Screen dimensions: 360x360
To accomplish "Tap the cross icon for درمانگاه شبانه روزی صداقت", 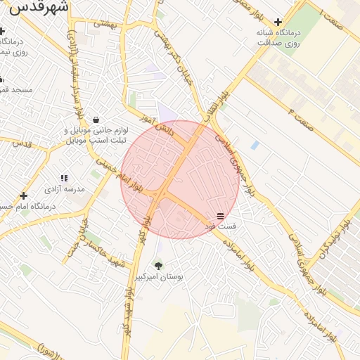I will pyautogui.click(x=278, y=22).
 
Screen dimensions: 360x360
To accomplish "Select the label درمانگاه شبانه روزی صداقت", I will pyautogui.click(x=278, y=38).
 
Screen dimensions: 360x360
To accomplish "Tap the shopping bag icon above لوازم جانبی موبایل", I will pyautogui.click(x=96, y=119).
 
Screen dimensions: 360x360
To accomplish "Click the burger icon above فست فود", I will pyautogui.click(x=220, y=215).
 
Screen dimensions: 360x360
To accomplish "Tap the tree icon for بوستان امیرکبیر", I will pyautogui.click(x=158, y=266).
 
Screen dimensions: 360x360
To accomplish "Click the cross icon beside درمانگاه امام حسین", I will pyautogui.click(x=24, y=195).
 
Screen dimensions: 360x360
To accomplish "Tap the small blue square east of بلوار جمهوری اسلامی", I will pyautogui.click(x=255, y=145).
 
